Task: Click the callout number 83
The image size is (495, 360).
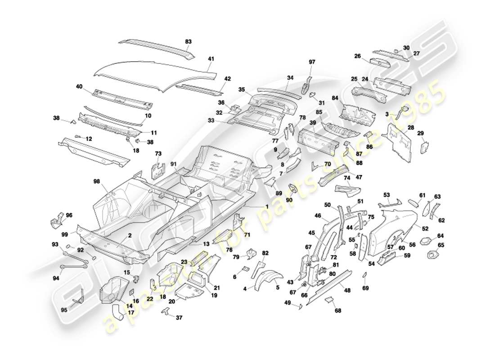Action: pos(188,41)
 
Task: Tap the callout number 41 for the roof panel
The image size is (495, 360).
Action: pos(211,58)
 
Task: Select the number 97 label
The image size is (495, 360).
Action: pos(312,62)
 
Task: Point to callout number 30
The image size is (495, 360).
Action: pos(406,48)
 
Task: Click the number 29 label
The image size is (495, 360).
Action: pos(421,133)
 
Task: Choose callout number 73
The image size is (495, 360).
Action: pos(158,154)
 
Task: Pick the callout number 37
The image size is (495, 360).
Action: pos(179,318)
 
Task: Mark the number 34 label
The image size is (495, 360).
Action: pos(290,78)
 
